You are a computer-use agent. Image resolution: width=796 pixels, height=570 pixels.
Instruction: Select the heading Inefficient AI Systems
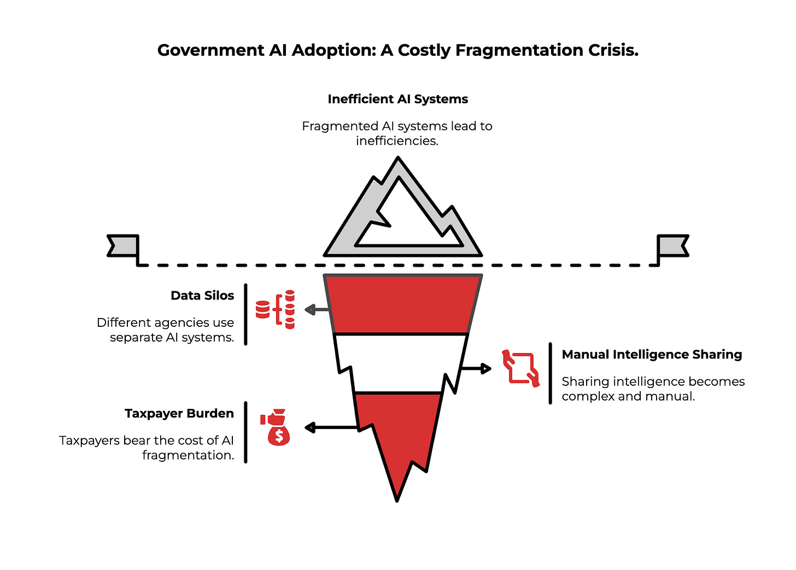(397, 99)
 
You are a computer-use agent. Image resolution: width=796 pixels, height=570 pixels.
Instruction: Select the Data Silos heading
(202, 296)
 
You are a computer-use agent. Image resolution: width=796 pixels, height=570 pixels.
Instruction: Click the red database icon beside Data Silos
(276, 309)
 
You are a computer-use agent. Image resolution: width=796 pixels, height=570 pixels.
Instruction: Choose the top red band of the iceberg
(402, 304)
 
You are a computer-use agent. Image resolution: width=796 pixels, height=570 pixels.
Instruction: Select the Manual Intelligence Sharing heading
(652, 355)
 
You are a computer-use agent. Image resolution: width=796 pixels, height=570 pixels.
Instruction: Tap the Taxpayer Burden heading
(179, 414)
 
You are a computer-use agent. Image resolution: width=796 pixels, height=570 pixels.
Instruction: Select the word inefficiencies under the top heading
(397, 141)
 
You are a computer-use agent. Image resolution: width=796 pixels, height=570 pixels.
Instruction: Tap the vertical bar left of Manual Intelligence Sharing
(550, 373)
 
